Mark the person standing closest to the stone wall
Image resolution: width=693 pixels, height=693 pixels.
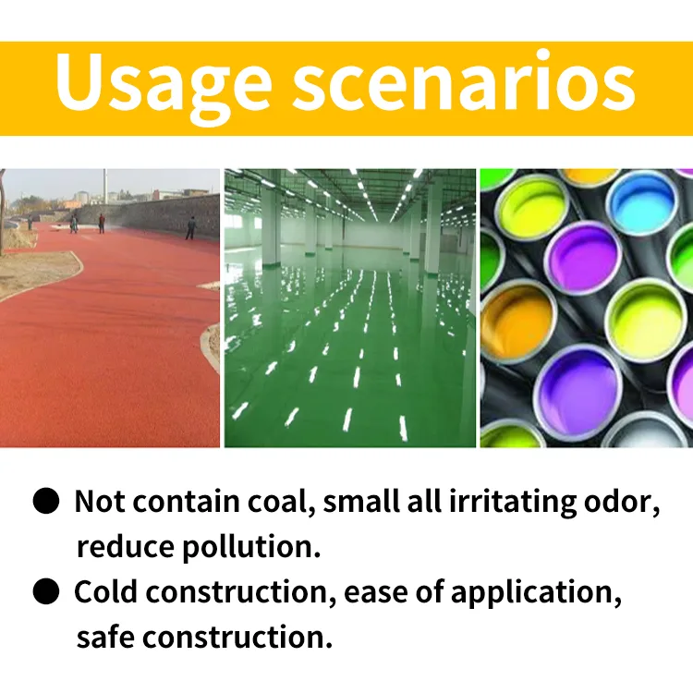coord(190,227)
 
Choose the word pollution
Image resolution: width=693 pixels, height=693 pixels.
coord(252,547)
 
